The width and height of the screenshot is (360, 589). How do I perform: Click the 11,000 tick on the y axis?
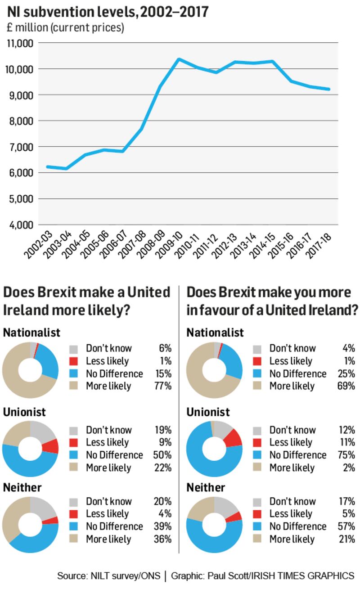(20, 44)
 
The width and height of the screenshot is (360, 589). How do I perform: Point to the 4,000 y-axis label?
(20, 225)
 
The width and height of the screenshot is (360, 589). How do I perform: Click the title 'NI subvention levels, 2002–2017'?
(108, 11)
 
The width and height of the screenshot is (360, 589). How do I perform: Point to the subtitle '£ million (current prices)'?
(65, 28)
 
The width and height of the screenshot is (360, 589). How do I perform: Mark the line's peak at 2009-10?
(179, 59)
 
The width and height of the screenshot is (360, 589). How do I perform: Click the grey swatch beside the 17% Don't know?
(258, 501)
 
